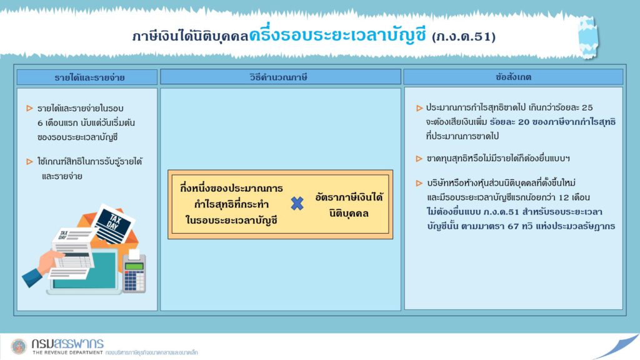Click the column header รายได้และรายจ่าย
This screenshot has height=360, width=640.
pyautogui.click(x=89, y=77)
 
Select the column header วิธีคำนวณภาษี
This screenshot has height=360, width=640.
pyautogui.click(x=278, y=77)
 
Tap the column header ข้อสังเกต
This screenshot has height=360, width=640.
pyautogui.click(x=513, y=77)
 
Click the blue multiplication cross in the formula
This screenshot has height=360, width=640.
pyautogui.click(x=297, y=203)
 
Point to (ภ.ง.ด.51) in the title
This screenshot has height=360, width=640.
pyautogui.click(x=464, y=37)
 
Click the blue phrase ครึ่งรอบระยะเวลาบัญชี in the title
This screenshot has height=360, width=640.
pyautogui.click(x=337, y=34)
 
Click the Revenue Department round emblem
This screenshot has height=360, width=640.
pyautogui.click(x=18, y=347)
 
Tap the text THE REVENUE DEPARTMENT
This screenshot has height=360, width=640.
pyautogui.click(x=67, y=352)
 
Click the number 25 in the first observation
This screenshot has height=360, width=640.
pyautogui.click(x=587, y=107)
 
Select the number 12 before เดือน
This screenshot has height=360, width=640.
pyautogui.click(x=564, y=197)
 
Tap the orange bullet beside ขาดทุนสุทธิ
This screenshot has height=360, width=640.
pyautogui.click(x=419, y=158)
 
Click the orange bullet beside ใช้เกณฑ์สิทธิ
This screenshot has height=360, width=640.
pyautogui.click(x=29, y=162)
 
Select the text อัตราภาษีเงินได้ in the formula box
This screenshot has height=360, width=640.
pyautogui.click(x=349, y=197)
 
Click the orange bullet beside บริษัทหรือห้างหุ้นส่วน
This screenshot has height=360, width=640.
pyautogui.click(x=419, y=183)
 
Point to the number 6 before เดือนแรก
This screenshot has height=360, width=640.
pyautogui.click(x=40, y=123)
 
